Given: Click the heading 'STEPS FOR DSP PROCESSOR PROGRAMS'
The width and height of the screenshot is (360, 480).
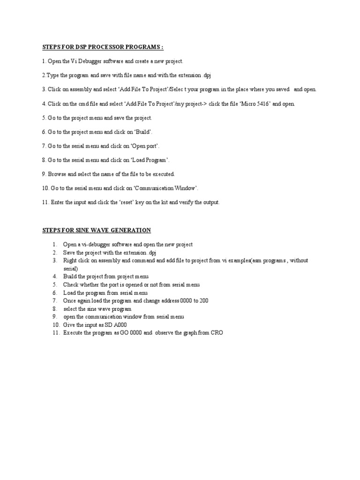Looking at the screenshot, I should (x=103, y=47).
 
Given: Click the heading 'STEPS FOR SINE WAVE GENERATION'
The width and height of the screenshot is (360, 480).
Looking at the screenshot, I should (x=97, y=230).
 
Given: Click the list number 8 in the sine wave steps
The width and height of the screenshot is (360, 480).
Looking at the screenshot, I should (x=55, y=308).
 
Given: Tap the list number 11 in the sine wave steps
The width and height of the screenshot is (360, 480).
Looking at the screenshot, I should (x=56, y=332).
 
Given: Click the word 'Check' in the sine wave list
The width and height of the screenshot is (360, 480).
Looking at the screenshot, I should (x=71, y=285).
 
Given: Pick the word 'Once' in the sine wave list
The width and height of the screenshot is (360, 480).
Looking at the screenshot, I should (x=70, y=300).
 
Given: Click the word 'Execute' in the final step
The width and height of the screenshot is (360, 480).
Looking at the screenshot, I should (x=73, y=332).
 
